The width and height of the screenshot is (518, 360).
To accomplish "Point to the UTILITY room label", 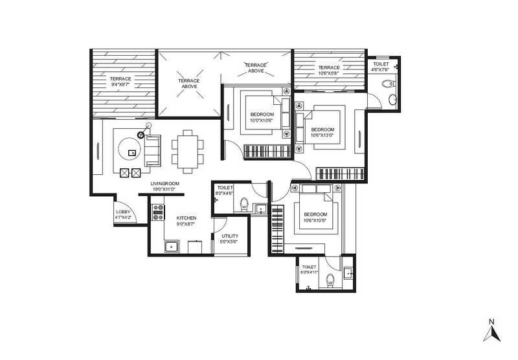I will point(230,237).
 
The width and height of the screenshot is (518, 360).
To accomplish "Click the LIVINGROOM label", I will point(164,184).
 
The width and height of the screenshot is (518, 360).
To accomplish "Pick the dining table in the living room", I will point(186,152).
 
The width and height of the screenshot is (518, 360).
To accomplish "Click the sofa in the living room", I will point(153,150).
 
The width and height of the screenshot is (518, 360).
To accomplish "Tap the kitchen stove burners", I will point(157,211).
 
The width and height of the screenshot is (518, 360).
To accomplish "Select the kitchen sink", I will point(172,247).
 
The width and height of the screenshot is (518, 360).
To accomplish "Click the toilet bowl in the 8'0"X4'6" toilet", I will point(244,204).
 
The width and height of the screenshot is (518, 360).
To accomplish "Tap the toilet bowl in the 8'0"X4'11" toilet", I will point(330,280).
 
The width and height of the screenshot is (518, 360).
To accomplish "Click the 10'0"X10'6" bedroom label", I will point(261,117).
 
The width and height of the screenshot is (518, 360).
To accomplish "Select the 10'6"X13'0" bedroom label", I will point(322,132).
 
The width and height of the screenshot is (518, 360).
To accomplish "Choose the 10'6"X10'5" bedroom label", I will point(315,217).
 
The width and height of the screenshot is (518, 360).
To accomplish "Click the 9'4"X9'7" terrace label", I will point(120,82).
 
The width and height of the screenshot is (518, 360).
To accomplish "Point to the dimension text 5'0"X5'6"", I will point(230,242).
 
